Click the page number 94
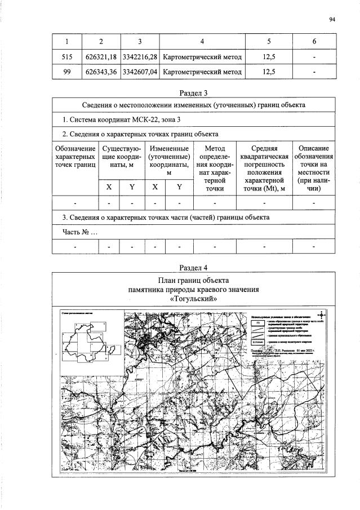(332, 20)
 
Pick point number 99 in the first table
(67, 72)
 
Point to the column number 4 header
(202, 41)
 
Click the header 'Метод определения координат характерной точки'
(215, 168)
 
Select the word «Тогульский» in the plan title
(194, 299)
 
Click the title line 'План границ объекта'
(194, 280)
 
